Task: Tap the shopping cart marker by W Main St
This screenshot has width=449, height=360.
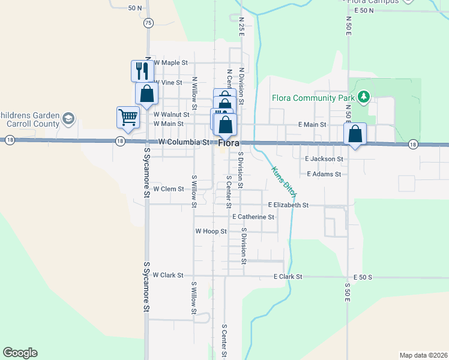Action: [x=128, y=118]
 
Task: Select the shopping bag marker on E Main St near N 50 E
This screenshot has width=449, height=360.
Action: [x=355, y=134]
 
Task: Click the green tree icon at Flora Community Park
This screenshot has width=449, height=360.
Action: [x=363, y=97]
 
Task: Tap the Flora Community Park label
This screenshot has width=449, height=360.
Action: [x=313, y=97]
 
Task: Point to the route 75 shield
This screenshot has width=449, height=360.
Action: [x=148, y=22]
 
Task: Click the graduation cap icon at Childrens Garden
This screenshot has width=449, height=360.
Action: [x=68, y=118]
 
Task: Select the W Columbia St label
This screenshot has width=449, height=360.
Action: [x=184, y=142]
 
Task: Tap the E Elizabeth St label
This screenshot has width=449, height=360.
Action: [x=288, y=205]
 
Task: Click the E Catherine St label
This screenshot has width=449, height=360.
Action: [x=253, y=217]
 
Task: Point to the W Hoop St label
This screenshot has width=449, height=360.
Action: [x=211, y=231]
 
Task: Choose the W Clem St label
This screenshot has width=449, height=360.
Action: [x=168, y=188]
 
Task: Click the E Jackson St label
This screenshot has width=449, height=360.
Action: [x=324, y=159]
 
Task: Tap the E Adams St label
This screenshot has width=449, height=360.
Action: [x=324, y=174]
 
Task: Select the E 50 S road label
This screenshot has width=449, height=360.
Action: [x=363, y=277]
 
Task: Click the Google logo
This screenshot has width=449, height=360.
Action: [x=20, y=353]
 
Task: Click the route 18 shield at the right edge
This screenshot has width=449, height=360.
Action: [x=412, y=145]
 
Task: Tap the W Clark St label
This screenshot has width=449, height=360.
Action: [x=167, y=275]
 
